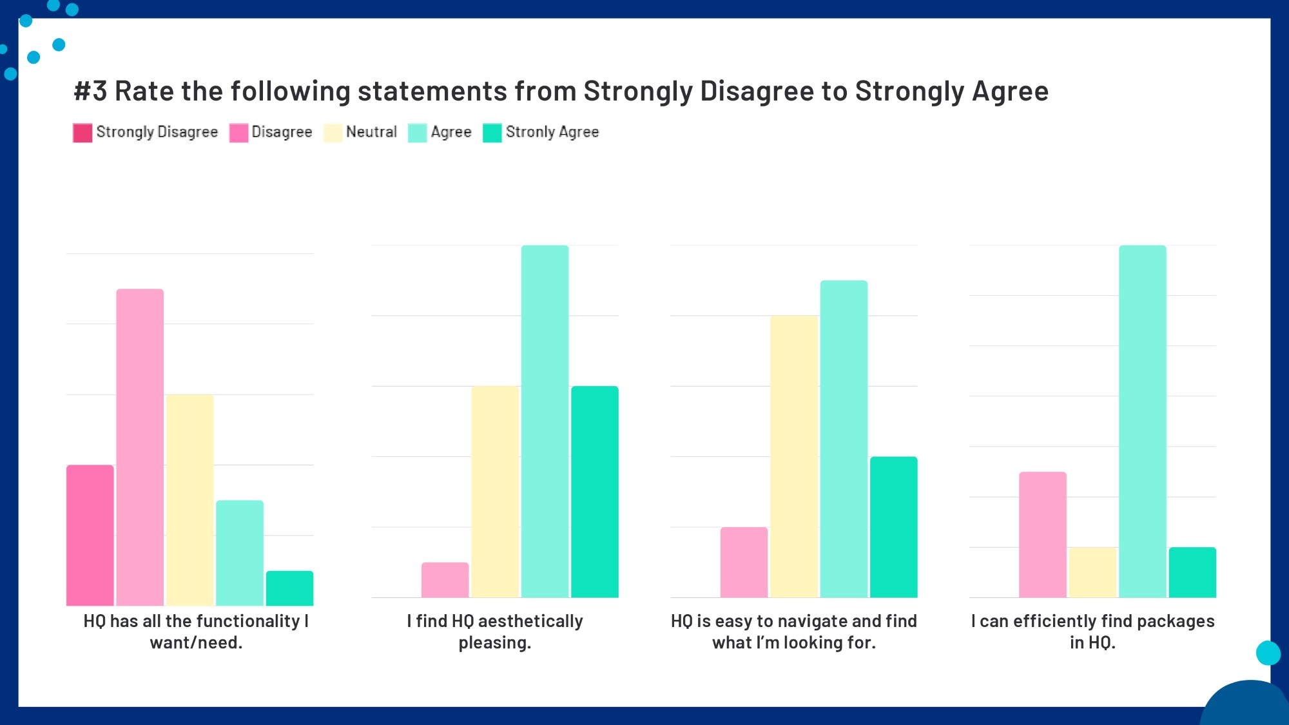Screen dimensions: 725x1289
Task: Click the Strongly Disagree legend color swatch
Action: (82, 133)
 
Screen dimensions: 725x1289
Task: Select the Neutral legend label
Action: (371, 132)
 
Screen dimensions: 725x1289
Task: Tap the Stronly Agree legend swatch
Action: (492, 133)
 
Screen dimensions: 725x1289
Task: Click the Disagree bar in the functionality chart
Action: (140, 447)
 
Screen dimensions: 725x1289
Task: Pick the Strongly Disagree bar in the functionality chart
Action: (90, 535)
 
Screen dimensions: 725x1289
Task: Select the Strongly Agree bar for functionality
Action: (289, 588)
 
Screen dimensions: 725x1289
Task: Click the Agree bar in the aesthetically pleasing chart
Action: (545, 421)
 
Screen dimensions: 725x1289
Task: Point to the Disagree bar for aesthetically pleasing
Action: (445, 580)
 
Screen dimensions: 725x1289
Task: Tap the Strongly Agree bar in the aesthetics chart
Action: (594, 492)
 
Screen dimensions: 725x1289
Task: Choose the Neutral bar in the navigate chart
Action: (794, 456)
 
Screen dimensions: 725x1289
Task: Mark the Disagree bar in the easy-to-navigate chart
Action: (744, 562)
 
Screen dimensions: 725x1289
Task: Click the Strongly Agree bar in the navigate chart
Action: (893, 527)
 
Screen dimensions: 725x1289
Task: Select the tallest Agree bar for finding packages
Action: (1142, 421)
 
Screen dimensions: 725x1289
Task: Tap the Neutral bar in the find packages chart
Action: (1092, 572)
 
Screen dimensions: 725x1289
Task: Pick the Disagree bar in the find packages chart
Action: (1042, 535)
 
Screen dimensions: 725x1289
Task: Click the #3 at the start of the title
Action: (90, 92)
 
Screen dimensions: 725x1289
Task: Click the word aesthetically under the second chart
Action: (530, 621)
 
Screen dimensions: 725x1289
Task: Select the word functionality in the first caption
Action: (248, 621)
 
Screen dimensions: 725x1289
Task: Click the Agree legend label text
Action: (451, 132)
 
